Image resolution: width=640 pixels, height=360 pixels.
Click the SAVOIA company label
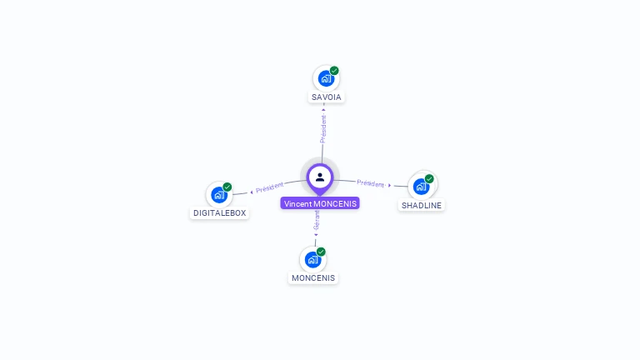click(327, 97)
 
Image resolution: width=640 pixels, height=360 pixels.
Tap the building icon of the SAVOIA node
click(325, 78)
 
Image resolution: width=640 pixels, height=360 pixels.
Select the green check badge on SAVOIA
click(334, 71)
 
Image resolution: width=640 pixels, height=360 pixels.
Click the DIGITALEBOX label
click(220, 213)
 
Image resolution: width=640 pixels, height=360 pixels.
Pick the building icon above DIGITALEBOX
click(218, 195)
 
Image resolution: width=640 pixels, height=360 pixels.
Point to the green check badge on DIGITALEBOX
click(227, 187)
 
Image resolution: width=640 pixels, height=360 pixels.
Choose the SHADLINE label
click(422, 205)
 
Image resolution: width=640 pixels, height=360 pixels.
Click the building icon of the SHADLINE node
click(421, 187)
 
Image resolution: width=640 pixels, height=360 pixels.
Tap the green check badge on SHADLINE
click(429, 178)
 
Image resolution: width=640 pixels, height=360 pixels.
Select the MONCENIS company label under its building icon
click(313, 278)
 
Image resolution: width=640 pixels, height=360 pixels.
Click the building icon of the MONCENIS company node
click(312, 259)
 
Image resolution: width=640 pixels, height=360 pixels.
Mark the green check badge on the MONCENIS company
click(321, 252)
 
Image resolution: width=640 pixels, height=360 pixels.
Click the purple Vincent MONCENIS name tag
click(320, 203)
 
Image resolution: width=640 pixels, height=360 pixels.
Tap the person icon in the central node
click(320, 177)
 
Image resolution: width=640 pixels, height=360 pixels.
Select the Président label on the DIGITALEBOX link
click(270, 187)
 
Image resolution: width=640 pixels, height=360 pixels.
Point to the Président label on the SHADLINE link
click(370, 183)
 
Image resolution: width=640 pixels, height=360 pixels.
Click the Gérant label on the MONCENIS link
click(317, 221)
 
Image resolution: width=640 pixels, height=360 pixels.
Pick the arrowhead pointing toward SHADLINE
click(390, 185)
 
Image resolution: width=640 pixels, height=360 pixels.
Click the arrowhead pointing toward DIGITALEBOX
click(252, 192)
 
